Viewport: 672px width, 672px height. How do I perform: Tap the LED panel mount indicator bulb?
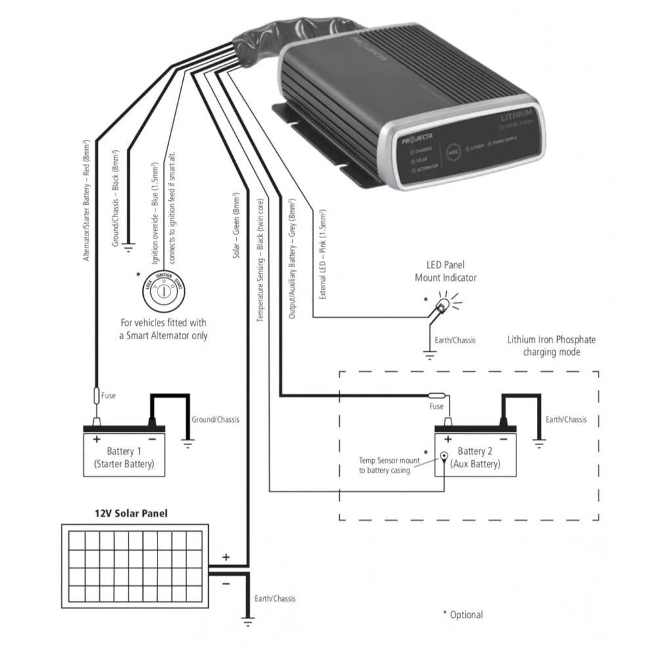(x=442, y=305)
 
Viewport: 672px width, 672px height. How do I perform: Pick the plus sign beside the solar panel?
(x=226, y=556)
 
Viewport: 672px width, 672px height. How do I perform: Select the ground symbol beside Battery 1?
(x=188, y=444)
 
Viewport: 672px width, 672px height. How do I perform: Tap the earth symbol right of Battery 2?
(x=539, y=444)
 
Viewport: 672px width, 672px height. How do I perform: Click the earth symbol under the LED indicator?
(x=430, y=356)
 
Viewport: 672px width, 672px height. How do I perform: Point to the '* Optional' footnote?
(x=463, y=615)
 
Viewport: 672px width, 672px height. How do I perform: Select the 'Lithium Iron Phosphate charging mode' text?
(x=551, y=346)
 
